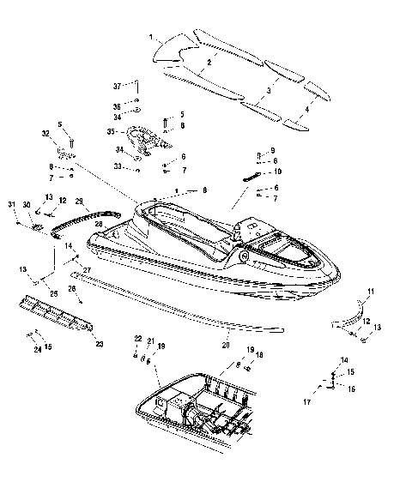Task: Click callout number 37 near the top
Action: (x=118, y=86)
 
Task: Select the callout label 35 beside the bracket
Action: (x=111, y=132)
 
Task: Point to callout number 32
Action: (x=45, y=134)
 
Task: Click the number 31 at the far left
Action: (x=12, y=203)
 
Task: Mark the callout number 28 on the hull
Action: (x=100, y=225)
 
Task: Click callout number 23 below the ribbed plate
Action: (x=100, y=344)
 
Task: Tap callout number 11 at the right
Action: (x=370, y=292)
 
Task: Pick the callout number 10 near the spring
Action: (x=277, y=172)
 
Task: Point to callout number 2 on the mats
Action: (x=209, y=62)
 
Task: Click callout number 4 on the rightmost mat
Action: (x=307, y=111)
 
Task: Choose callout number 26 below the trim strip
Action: (x=72, y=289)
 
